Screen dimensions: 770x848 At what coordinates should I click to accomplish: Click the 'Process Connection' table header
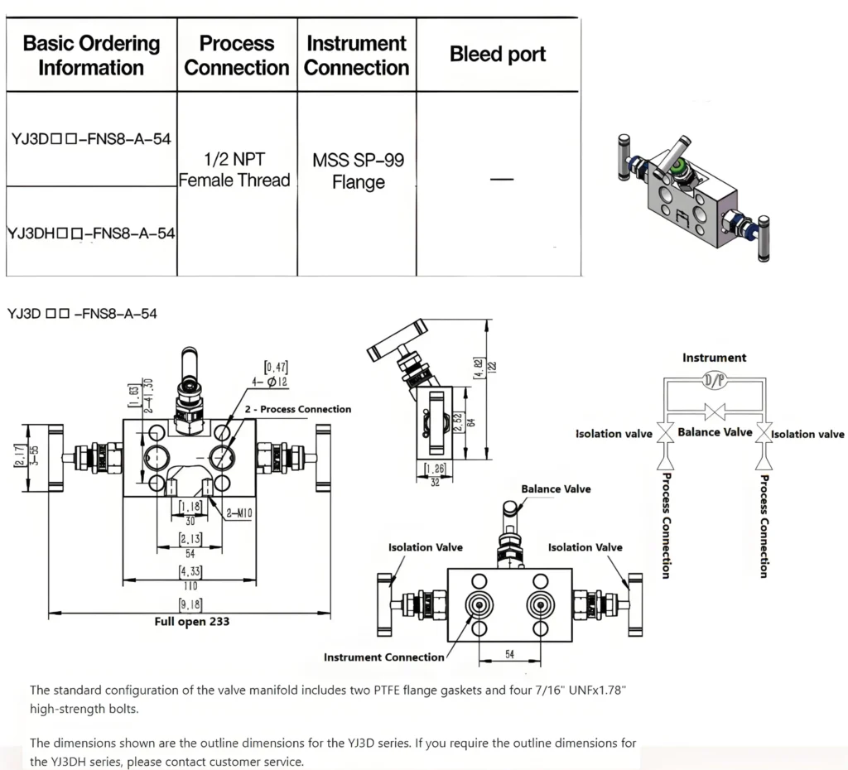[x=237, y=55]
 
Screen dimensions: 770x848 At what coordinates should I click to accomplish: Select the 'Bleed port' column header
[x=498, y=55]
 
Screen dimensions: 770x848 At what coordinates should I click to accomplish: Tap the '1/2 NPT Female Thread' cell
[x=236, y=169]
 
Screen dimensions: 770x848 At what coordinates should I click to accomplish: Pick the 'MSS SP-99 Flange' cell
[x=358, y=171]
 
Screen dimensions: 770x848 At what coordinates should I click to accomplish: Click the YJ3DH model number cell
[x=90, y=233]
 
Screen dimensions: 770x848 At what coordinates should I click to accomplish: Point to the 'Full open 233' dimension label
[x=192, y=621]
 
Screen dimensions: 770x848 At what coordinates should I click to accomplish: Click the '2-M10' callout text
[x=239, y=514]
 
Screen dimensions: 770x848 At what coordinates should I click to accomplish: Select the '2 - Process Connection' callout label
[x=297, y=409]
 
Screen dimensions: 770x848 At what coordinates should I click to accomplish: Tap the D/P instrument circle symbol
[x=713, y=380]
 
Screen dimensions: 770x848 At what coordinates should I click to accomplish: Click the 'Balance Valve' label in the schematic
[x=715, y=431]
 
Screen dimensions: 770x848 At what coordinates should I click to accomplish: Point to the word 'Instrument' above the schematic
[x=714, y=358]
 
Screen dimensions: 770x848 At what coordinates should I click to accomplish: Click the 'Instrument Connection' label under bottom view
[x=383, y=657]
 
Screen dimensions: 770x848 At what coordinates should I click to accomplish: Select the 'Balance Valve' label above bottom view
[x=556, y=489]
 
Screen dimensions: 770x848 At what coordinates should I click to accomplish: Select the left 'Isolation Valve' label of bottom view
[x=426, y=547]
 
